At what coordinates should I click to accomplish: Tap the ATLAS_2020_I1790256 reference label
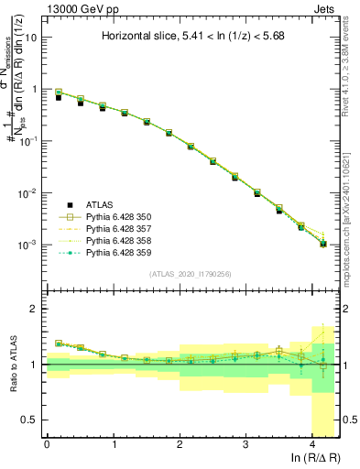(191, 274)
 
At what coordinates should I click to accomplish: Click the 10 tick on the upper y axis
(30, 38)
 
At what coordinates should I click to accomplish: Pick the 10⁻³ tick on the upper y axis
(27, 245)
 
